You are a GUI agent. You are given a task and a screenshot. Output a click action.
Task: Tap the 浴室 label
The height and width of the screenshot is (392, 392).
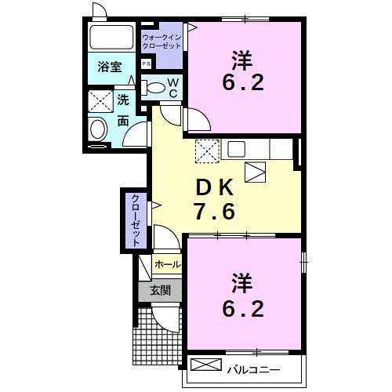[x=110, y=68]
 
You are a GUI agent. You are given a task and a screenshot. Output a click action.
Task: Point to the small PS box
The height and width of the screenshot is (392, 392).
[x=147, y=64]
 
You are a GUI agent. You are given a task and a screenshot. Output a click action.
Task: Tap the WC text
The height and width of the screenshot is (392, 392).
[x=174, y=88]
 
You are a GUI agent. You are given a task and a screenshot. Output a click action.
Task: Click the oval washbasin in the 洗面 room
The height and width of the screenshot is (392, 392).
[x=99, y=129]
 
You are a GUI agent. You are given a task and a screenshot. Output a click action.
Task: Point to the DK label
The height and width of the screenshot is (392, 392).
[x=213, y=188]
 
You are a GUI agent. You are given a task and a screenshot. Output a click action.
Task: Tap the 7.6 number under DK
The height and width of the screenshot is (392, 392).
[x=213, y=211]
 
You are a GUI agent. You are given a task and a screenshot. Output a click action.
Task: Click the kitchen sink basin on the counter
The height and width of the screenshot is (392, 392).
[x=237, y=147]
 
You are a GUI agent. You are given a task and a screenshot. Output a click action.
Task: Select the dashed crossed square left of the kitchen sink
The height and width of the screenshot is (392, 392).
[x=207, y=149]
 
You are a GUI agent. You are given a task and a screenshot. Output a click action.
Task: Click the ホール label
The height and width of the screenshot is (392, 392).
[x=166, y=265]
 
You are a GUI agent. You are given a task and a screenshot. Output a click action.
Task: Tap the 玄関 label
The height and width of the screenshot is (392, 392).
[x=160, y=290]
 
